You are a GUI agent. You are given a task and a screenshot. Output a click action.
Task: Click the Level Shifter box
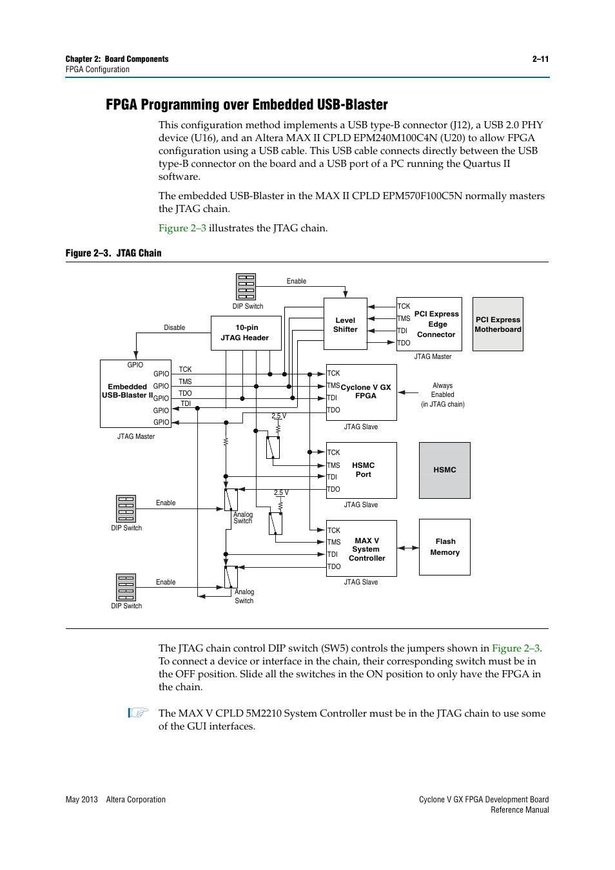pos(345,324)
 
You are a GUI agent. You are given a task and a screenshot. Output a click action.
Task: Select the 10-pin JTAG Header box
pos(246,333)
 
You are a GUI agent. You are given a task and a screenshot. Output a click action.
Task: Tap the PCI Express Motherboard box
pos(498,324)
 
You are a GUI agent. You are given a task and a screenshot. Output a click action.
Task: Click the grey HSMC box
pos(444,470)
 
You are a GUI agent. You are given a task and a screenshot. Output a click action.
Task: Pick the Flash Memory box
pos(445,547)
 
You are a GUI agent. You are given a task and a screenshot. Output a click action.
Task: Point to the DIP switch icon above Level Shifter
pos(246,287)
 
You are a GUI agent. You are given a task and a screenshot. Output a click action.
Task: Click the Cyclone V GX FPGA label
pos(366,392)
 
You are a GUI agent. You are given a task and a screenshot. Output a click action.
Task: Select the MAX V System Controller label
pos(366,550)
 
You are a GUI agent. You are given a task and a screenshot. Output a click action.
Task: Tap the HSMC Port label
pos(363,470)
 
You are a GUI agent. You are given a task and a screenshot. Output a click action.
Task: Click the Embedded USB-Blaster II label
pos(128,391)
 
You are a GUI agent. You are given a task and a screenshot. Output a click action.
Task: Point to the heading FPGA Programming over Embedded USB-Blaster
pos(246,104)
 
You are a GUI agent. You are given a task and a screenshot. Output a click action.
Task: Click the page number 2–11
pos(540,59)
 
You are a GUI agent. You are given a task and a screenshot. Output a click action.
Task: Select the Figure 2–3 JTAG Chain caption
pos(113,253)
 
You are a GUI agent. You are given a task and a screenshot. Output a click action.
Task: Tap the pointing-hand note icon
pos(138,713)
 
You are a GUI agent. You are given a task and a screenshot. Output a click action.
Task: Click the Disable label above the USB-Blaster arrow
pos(174,327)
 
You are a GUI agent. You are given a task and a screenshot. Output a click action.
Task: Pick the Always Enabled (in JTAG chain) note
pos(442,395)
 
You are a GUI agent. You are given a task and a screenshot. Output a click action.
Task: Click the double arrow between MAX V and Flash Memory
pos(407,548)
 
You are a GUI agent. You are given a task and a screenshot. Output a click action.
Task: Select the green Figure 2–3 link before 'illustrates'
pos(182,228)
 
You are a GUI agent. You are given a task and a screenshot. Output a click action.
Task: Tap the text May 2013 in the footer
pos(81,800)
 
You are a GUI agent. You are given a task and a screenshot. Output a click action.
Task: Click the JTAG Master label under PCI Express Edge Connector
pos(433,356)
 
